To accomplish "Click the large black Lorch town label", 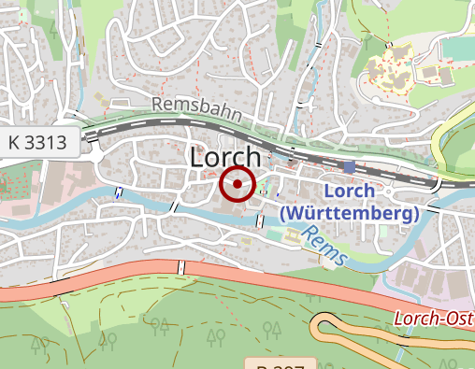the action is (x=224, y=158).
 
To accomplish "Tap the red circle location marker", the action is (x=237, y=184).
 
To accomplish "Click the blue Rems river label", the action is (x=326, y=250).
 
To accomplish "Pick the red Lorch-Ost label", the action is (x=433, y=319).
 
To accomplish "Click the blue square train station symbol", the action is (x=349, y=167).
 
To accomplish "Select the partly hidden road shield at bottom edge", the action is (x=276, y=363).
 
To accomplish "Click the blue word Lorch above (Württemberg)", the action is (x=349, y=192).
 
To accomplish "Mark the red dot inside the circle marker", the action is (x=237, y=184).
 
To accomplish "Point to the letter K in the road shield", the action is (x=14, y=142).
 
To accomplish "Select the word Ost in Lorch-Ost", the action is (x=457, y=319).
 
